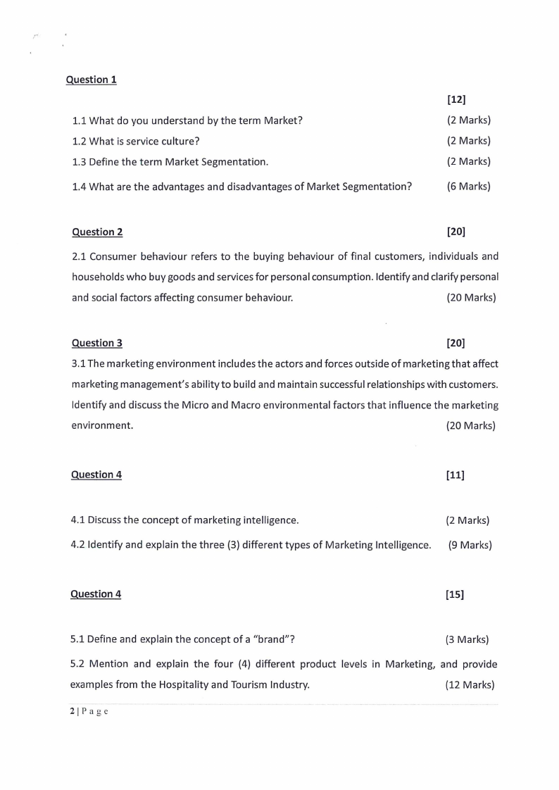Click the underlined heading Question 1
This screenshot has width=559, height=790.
pos(91,80)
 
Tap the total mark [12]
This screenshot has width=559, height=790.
pos(456,99)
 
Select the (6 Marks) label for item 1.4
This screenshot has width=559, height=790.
pos(468,187)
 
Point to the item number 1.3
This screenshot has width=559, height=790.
pos(80,161)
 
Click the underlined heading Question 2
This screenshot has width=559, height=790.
pos(97,232)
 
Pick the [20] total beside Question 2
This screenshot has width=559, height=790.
pos(456,232)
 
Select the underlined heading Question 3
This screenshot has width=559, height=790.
pos(97,343)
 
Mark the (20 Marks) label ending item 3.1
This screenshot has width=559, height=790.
pos(470,425)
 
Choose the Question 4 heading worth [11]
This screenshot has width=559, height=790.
pos(96,475)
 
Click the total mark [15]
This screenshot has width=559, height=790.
pos(455,594)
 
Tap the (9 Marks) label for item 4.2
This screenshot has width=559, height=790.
pos(470,545)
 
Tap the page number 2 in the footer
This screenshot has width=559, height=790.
pos(72,711)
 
